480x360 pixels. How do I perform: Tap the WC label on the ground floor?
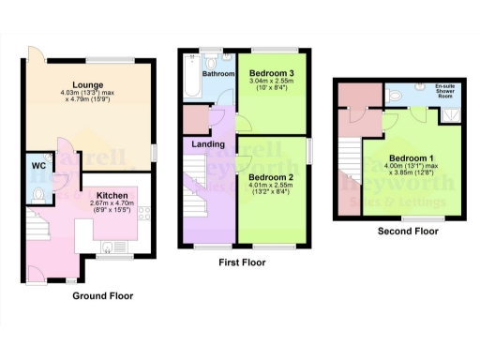pos(38,166)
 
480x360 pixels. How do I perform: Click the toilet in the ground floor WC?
pos(38,195)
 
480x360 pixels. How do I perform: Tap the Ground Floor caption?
pos(102,295)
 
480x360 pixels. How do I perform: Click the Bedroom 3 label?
pos(272,72)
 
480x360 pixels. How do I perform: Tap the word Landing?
pos(208,143)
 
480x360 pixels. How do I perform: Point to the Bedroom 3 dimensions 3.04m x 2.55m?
pos(272,85)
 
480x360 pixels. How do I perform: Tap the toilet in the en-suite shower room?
pos(395,95)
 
